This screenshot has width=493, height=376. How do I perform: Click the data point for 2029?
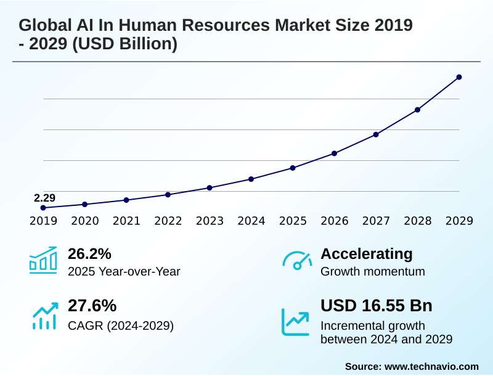[459, 77]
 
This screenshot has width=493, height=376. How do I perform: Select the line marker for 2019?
[43, 208]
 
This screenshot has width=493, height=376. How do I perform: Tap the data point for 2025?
[293, 168]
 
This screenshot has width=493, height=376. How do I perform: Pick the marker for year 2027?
[376, 134]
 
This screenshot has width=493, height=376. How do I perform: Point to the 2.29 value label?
[44, 198]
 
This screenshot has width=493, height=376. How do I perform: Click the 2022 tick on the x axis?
[168, 221]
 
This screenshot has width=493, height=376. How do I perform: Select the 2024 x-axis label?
[251, 221]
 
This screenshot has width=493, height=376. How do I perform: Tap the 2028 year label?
[417, 221]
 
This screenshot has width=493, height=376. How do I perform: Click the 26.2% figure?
[89, 253]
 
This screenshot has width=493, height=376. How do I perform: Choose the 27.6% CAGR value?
[92, 306]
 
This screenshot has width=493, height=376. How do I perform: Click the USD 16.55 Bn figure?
[377, 306]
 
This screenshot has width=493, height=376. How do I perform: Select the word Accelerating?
[367, 253]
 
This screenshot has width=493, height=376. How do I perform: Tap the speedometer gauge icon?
[297, 261]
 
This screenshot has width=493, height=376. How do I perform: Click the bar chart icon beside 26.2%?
[43, 261]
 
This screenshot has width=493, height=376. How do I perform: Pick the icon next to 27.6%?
[44, 315]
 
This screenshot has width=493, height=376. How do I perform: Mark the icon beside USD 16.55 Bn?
[296, 321]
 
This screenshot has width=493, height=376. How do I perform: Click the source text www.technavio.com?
[431, 366]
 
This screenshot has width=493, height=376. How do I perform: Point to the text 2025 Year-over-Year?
[124, 272]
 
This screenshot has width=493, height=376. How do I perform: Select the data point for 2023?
[210, 187]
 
